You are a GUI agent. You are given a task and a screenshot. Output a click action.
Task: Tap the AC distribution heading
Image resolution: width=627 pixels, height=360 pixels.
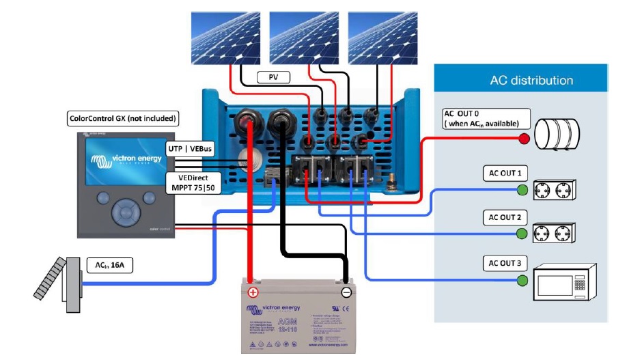pos(522,81)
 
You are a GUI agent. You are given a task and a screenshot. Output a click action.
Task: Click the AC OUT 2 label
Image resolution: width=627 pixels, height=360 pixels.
pos(504,218)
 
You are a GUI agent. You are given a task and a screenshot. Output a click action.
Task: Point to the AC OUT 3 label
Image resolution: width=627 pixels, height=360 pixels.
pos(504,263)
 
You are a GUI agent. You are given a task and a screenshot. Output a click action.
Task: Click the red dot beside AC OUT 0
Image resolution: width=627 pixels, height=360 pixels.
pos(524,139)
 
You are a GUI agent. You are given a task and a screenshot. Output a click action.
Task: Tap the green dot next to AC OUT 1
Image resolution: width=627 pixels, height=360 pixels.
pos(522,189)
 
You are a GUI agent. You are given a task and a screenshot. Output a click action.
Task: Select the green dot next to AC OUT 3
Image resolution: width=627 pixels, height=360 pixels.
pos(522,280)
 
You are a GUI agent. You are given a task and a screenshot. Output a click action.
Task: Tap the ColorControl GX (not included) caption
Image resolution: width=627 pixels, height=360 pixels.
pos(122,118)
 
